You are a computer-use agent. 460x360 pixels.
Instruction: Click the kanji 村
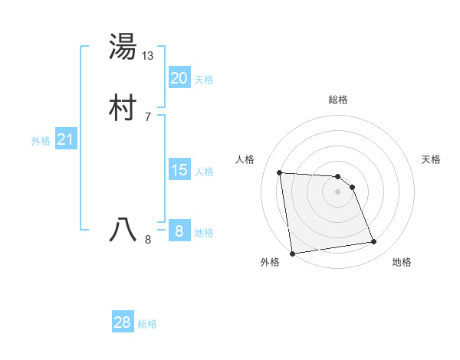pyautogui.click(x=123, y=106)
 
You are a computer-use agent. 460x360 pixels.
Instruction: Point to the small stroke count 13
pyautogui.click(x=148, y=56)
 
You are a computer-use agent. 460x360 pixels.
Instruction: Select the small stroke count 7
pyautogui.click(x=147, y=116)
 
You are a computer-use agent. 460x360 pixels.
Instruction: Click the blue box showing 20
pyautogui.click(x=179, y=78)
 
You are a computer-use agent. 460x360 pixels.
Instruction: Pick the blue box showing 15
pyautogui.click(x=179, y=170)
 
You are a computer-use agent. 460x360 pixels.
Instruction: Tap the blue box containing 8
pyautogui.click(x=179, y=231)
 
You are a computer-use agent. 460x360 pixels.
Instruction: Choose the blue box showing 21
pyautogui.click(x=65, y=139)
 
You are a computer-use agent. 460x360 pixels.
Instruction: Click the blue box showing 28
pyautogui.click(x=123, y=322)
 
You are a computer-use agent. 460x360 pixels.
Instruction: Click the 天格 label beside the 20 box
pyautogui.click(x=204, y=80)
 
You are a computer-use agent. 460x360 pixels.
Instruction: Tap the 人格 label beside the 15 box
pyautogui.click(x=204, y=172)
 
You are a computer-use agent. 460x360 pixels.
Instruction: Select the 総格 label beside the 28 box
pyautogui.click(x=147, y=324)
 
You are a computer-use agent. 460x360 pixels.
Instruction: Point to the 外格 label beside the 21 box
pyautogui.click(x=41, y=141)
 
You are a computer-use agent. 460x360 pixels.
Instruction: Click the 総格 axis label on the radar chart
pyautogui.click(x=338, y=100)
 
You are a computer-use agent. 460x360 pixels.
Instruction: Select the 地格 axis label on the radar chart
pyautogui.click(x=402, y=262)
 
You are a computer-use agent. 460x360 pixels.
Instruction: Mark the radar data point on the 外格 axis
pyautogui.click(x=292, y=253)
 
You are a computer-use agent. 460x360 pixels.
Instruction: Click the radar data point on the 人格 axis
pyautogui.click(x=280, y=172)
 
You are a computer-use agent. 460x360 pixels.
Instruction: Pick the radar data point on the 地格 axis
pyautogui.click(x=374, y=242)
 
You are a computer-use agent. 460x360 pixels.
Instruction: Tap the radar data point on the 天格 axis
pyautogui.click(x=352, y=187)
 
